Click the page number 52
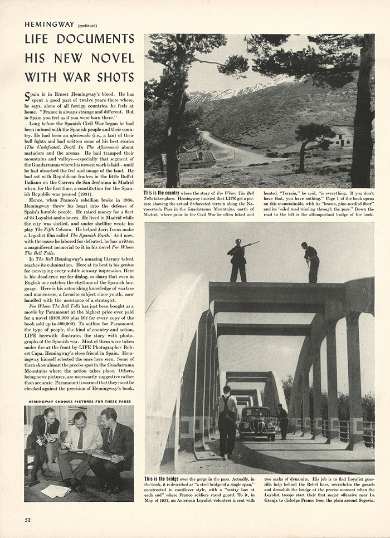[x=27, y=520]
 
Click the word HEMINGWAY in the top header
[x=50, y=24]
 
